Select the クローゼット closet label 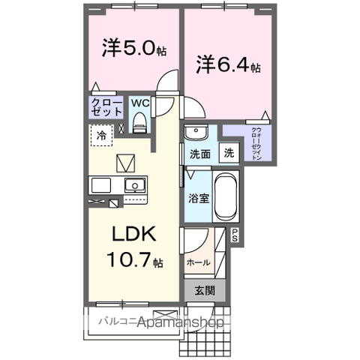point(106,106)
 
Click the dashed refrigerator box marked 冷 point(100,135)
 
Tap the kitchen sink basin point(135,185)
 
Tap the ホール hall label point(198,262)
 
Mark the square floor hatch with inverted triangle point(124,161)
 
